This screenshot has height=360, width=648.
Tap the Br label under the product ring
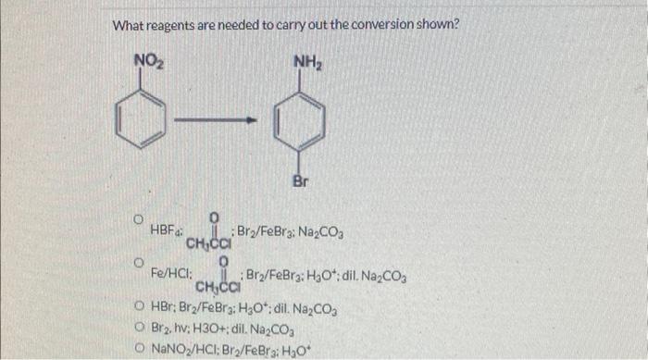coord(299,181)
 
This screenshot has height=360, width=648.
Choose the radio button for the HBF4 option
coord(136,220)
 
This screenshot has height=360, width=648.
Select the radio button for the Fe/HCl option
coord(136,265)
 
